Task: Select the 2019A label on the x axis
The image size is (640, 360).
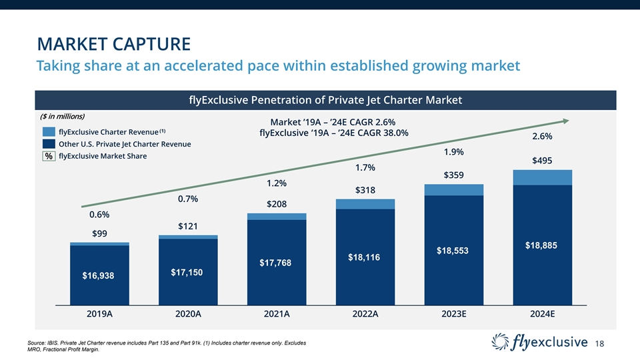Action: (100, 313)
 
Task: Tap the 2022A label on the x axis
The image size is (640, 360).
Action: (365, 313)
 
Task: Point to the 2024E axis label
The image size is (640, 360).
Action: (543, 313)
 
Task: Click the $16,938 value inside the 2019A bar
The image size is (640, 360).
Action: (99, 275)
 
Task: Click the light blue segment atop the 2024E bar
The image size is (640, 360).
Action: (543, 177)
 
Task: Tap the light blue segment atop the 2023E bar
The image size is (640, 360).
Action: (453, 190)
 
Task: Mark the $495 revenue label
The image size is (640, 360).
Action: (543, 160)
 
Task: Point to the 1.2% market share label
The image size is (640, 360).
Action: (276, 183)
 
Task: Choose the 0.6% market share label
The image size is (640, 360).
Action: (99, 215)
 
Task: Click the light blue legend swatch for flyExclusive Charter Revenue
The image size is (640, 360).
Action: (49, 131)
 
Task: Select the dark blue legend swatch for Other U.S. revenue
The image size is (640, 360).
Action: (49, 143)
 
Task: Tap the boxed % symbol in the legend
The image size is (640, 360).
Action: (49, 156)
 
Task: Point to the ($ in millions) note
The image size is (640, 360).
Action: (63, 116)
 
